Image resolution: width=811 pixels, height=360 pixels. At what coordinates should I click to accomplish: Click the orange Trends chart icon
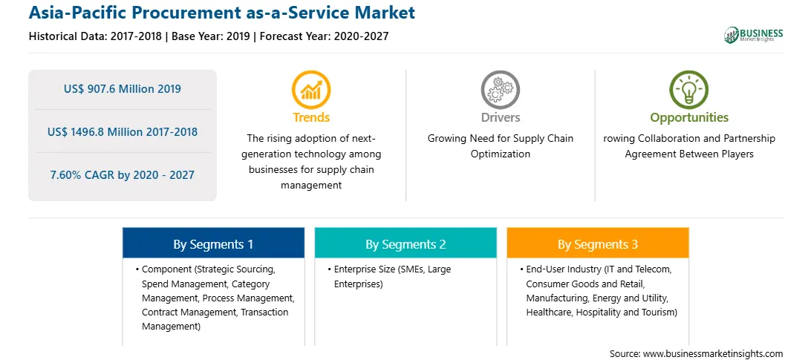311,90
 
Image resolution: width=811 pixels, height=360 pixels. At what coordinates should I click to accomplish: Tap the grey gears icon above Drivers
500,90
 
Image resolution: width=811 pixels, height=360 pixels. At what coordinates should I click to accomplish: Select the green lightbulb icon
689,90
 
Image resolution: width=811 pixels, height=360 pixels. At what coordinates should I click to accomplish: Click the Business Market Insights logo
754,35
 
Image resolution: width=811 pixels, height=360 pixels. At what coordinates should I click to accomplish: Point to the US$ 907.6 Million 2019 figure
123,89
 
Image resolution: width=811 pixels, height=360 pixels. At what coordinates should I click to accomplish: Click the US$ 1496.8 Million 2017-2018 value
123,132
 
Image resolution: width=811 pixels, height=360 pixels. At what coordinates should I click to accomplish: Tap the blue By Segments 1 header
213,243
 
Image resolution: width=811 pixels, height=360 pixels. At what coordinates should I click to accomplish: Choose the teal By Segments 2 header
405,243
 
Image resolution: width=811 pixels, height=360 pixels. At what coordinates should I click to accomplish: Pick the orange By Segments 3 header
598,243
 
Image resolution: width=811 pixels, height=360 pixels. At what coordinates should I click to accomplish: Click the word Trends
311,117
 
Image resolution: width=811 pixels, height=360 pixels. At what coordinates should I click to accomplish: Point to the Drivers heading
501,117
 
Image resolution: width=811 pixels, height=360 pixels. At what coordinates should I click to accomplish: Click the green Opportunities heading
689,117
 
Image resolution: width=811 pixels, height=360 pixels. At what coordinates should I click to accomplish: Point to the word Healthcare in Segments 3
550,312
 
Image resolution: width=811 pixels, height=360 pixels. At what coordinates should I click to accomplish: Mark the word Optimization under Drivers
500,154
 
